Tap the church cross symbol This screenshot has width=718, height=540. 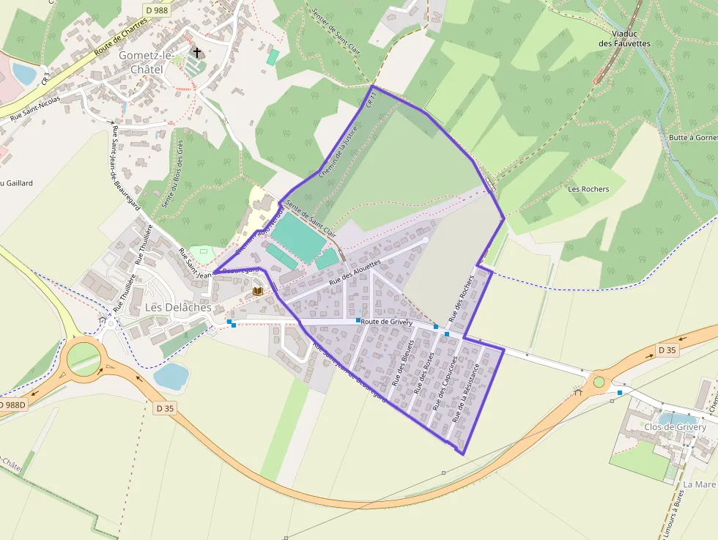click(196, 52)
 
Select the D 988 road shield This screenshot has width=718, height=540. click(157, 10)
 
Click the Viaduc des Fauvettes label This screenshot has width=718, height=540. click(624, 38)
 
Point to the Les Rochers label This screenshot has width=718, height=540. click(588, 189)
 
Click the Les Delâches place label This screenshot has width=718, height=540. click(178, 308)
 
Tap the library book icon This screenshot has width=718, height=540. click(258, 291)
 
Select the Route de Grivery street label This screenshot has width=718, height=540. click(386, 322)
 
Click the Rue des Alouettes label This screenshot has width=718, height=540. click(355, 272)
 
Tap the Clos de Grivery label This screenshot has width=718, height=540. click(675, 427)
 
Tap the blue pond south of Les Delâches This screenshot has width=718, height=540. click(171, 376)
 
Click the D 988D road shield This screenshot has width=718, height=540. click(12, 405)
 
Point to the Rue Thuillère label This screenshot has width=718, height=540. click(144, 245)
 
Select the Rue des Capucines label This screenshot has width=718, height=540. click(445, 383)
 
